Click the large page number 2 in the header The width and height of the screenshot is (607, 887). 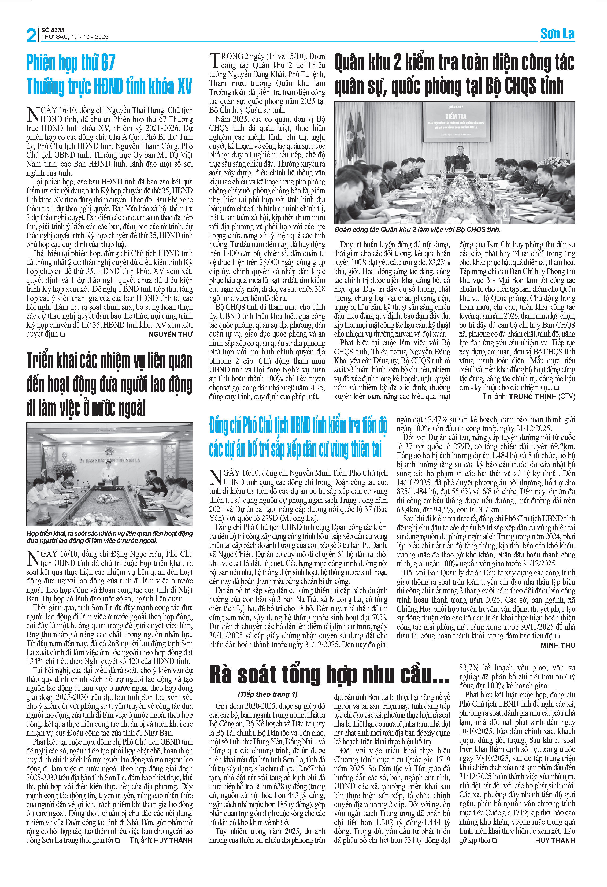31,35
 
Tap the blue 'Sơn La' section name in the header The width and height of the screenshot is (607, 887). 557,34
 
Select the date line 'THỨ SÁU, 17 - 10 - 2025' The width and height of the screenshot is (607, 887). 75,37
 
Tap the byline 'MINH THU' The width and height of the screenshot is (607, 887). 558,645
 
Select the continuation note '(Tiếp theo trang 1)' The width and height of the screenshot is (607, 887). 268,694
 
